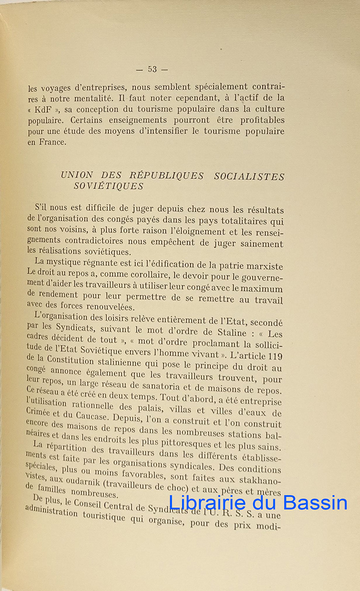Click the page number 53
point(152,69)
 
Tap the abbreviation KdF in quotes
point(42,109)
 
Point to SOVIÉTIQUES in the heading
point(108,186)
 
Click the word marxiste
point(266,266)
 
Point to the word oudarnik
point(79,483)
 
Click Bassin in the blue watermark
point(315,503)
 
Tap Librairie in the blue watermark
point(207,503)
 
